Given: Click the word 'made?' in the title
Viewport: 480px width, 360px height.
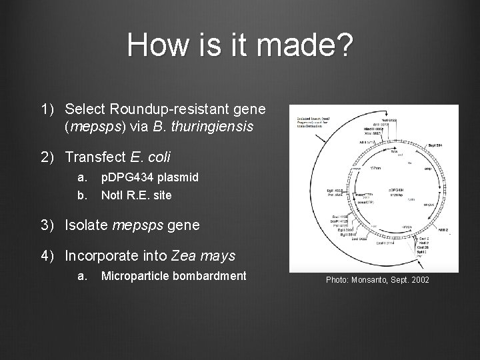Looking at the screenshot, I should coord(309,46).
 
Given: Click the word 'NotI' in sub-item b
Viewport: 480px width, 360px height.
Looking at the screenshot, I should coord(112,195).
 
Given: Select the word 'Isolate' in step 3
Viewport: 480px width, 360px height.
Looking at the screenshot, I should coord(87,225).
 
